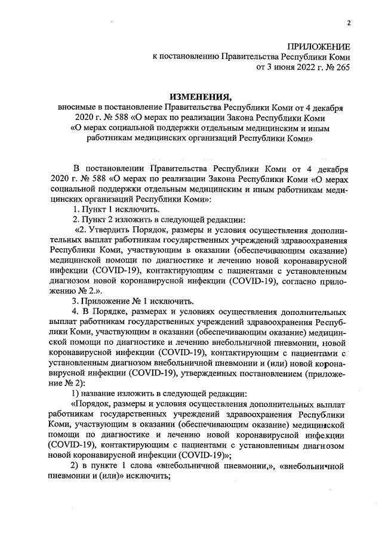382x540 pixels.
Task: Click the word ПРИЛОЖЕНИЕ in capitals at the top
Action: click(319, 47)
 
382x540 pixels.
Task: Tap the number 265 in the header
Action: click(341, 68)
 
